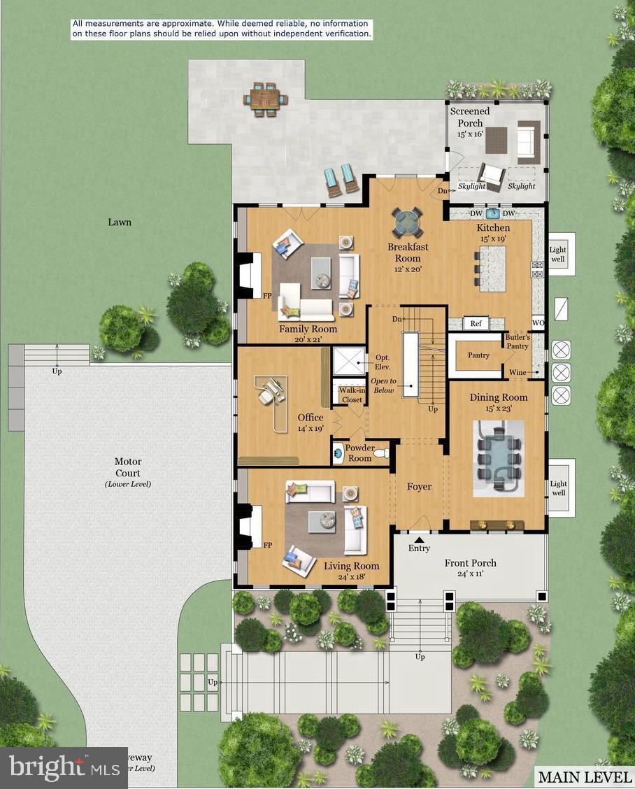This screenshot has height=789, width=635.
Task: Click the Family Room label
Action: [x=308, y=329]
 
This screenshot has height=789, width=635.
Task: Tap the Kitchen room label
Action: [x=493, y=228]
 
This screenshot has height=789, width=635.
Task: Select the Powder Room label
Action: [x=359, y=453]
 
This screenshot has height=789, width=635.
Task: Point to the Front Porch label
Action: [x=470, y=563]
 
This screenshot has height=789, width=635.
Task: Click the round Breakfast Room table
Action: [x=406, y=222]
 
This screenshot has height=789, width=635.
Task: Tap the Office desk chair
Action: [x=266, y=396]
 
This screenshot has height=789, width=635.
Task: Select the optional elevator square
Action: [x=347, y=360]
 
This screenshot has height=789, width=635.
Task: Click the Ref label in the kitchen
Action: [x=476, y=324]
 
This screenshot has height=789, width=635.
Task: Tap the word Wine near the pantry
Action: [x=518, y=372]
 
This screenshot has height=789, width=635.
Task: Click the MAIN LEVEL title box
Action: [x=583, y=776]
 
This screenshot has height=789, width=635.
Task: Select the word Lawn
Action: [x=120, y=222]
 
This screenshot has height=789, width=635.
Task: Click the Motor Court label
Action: [x=128, y=467]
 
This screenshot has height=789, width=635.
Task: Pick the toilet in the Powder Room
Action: [x=380, y=454]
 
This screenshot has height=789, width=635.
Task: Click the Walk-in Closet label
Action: [x=352, y=395]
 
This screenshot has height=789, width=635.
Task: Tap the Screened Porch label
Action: [x=470, y=117]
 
